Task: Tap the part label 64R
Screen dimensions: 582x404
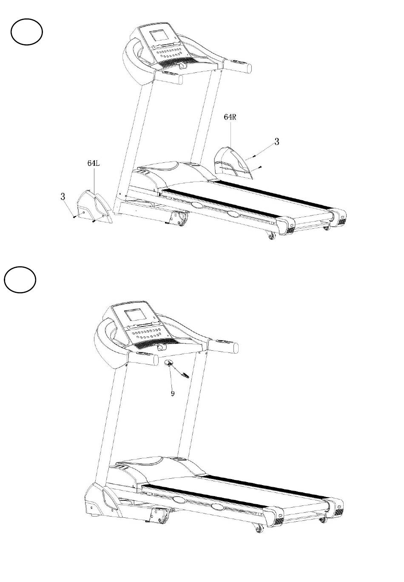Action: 230,117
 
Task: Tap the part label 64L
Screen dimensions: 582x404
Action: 93,163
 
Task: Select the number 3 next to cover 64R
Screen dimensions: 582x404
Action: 277,142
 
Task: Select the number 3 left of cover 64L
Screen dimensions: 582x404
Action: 63,196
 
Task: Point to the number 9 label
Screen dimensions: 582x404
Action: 173,393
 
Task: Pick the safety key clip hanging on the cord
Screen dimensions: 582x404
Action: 185,374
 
